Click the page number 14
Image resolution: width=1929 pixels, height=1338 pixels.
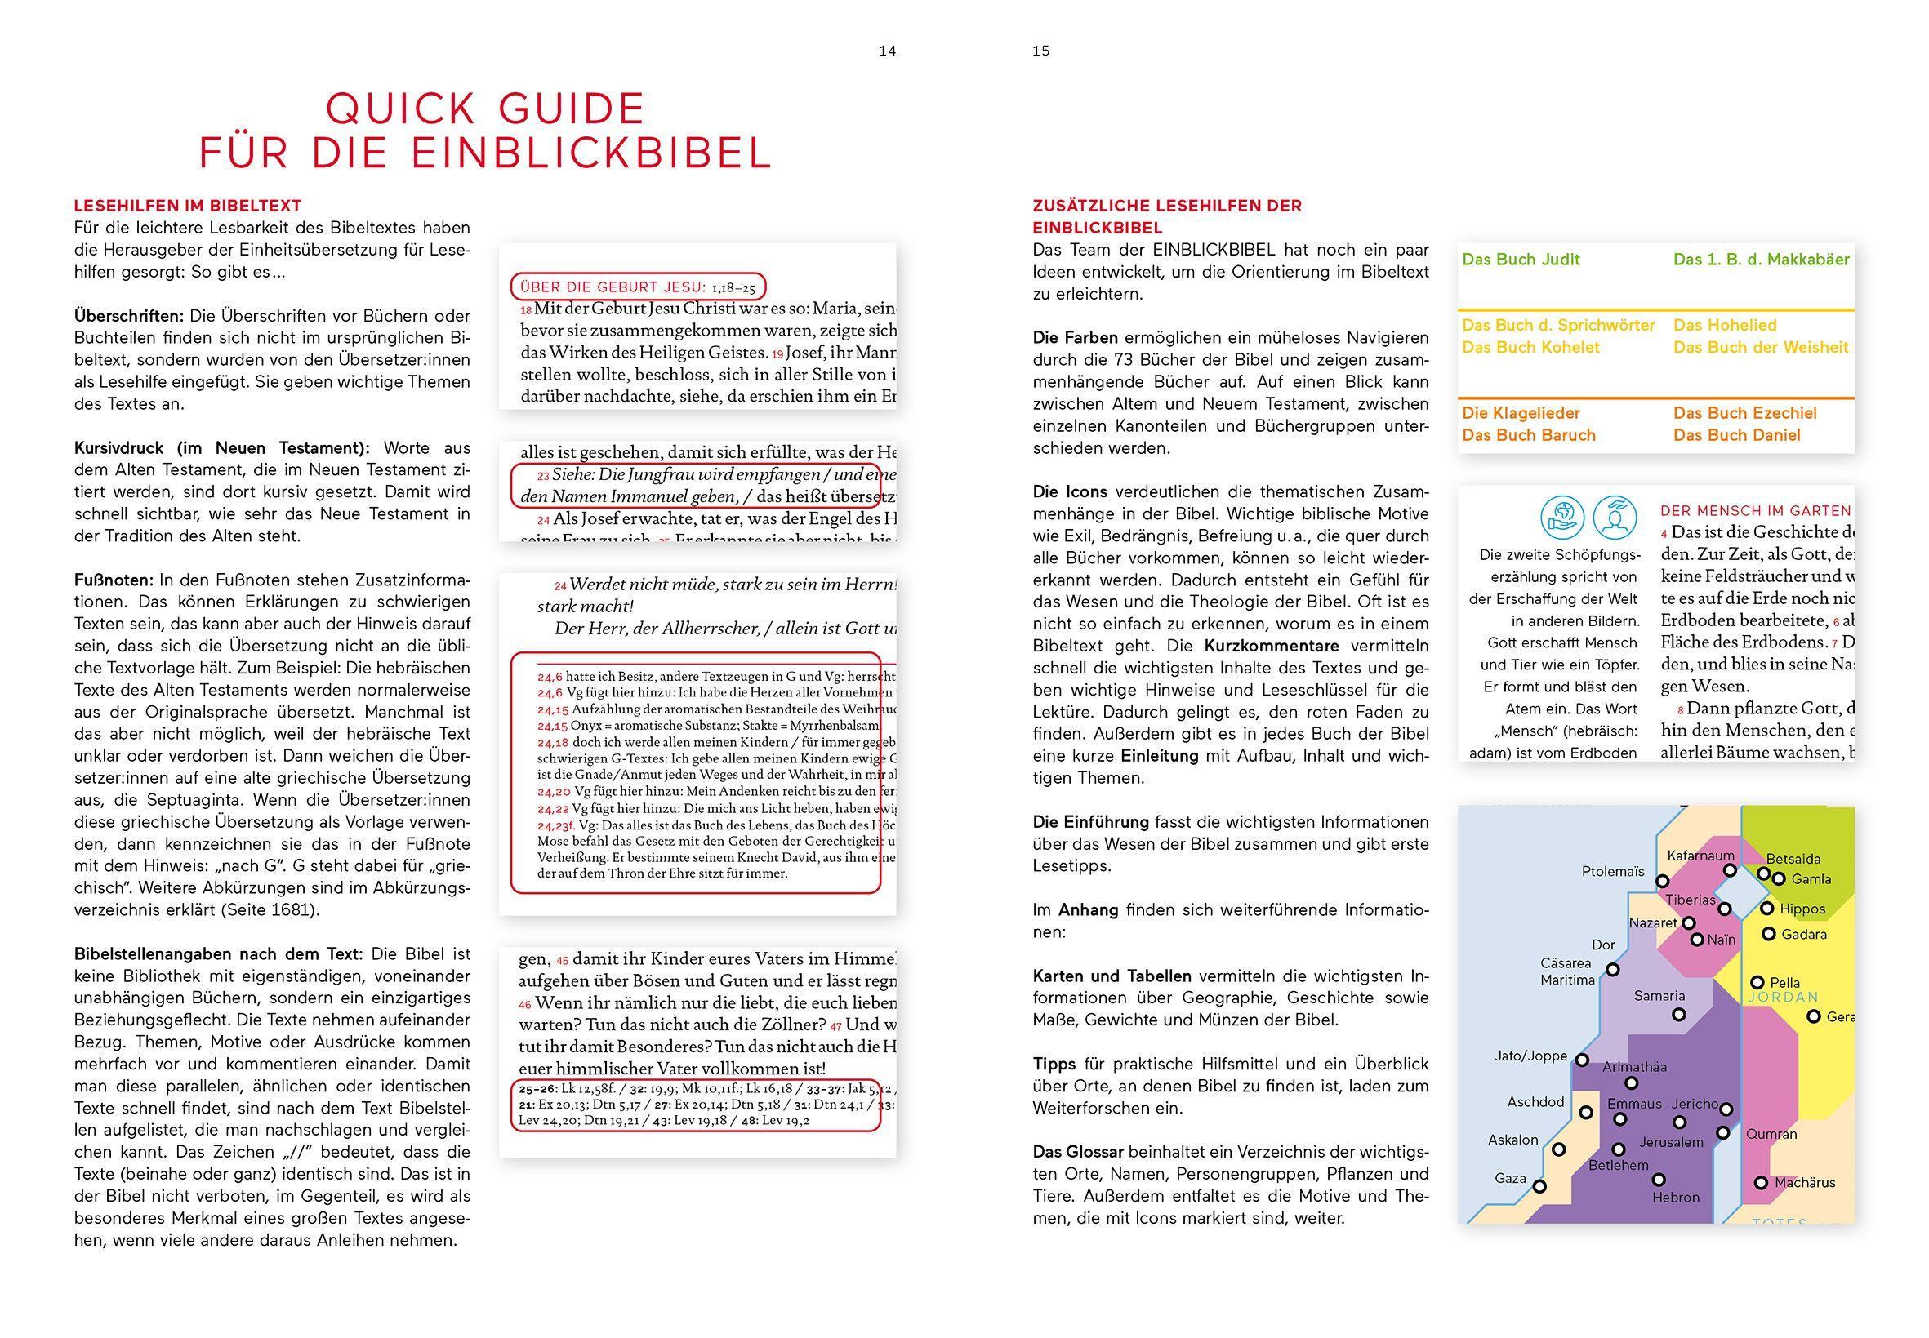[x=886, y=51]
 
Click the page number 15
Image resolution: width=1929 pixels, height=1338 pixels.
[x=1040, y=51]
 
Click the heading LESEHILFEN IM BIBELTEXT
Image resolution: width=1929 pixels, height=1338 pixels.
[x=187, y=206]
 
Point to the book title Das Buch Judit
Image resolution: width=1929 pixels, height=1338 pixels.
[x=1521, y=260]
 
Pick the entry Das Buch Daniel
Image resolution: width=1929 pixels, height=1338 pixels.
[x=1736, y=435]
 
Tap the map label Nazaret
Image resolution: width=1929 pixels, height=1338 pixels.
[x=1652, y=923]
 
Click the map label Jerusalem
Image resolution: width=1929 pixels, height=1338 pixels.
[x=1671, y=1142]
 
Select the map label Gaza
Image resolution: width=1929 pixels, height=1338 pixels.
[x=1510, y=1178]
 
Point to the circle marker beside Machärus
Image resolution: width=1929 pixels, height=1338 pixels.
[x=1761, y=1183]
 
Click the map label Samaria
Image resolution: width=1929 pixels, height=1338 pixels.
[x=1659, y=996]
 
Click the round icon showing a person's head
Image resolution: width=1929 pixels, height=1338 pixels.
[x=1615, y=517]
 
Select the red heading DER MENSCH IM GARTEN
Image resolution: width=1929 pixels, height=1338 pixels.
[x=1755, y=510]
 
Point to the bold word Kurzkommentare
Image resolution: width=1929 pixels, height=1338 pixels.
[x=1272, y=646]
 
